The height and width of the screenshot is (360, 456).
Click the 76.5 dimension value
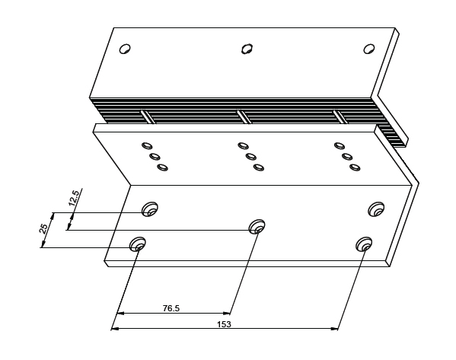pos(171,308)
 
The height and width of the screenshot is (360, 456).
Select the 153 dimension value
pos(225,324)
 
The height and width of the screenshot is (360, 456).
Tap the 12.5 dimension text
pos(74,198)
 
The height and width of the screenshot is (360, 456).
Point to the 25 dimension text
pos(43,229)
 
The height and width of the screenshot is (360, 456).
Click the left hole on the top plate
pos(125,49)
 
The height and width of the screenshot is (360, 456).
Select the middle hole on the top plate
pos(247,49)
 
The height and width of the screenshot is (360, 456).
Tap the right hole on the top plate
pos(369,49)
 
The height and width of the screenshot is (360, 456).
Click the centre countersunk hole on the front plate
pos(257,227)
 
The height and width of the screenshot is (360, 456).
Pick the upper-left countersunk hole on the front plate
pos(150,209)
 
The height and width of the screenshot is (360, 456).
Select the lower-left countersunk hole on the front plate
pos(138,244)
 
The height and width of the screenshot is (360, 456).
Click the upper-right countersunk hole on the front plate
pos(376,209)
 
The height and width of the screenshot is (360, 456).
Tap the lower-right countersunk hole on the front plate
pos(364,244)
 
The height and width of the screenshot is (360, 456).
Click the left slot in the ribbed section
pos(148,116)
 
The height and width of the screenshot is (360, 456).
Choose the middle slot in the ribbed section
pos(244,116)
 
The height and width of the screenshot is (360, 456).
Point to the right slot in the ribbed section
pos(340,116)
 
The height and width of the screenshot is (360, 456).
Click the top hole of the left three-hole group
pos(147,145)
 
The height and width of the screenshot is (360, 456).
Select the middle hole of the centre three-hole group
pos(251,157)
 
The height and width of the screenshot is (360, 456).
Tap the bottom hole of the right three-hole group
pos(355,167)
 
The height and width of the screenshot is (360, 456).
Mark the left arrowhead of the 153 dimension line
pos(115,329)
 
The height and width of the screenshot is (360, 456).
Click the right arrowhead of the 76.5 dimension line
pos(226,313)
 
